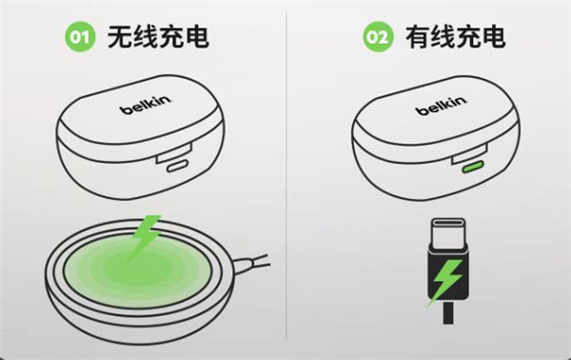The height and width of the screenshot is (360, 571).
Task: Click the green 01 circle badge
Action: pyautogui.click(x=80, y=36)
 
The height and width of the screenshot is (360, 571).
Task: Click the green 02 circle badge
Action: pyautogui.click(x=378, y=36)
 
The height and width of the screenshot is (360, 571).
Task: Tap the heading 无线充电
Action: pyautogui.click(x=158, y=37)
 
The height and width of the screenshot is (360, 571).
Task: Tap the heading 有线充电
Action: pyautogui.click(x=456, y=37)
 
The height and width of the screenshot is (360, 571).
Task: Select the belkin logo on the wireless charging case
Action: pyautogui.click(x=146, y=105)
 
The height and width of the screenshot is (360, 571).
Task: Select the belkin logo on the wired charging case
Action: pyautogui.click(x=441, y=106)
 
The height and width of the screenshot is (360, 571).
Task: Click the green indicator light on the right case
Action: pyautogui.click(x=472, y=167)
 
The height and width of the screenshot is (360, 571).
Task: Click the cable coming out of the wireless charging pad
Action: pyautogui.click(x=251, y=264)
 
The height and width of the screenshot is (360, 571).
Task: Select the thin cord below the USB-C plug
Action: pyautogui.click(x=448, y=312)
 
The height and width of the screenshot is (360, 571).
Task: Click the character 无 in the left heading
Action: pyautogui.click(x=120, y=37)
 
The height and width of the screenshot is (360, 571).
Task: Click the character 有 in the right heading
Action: pyautogui.click(x=418, y=37)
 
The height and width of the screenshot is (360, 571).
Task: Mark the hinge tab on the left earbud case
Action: pyautogui.click(x=174, y=153)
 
